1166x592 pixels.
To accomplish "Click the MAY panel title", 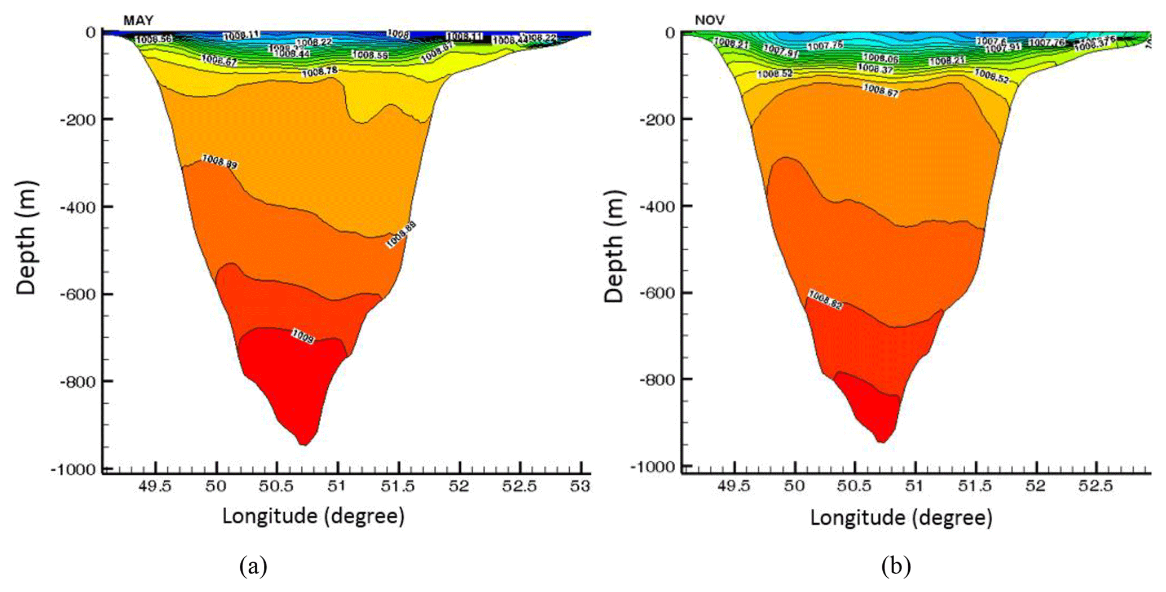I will (138, 21).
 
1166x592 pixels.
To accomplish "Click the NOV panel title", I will (710, 20).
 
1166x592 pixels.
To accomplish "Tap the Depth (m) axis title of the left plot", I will (26, 237).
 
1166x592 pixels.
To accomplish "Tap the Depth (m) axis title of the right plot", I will (614, 246).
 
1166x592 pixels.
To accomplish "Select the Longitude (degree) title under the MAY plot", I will (313, 516).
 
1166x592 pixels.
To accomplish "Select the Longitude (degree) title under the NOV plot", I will (901, 517).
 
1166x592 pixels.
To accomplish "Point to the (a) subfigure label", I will (253, 566).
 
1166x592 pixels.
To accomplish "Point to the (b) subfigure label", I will (896, 566).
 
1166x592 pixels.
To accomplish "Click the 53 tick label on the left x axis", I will (579, 487).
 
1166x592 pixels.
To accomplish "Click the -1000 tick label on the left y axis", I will (73, 469).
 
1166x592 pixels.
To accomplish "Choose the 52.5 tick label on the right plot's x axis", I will (1095, 486).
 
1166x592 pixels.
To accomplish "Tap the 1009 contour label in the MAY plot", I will (303, 337).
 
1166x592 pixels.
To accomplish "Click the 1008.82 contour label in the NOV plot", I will (825, 299).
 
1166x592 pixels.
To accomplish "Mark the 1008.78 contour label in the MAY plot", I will (320, 72).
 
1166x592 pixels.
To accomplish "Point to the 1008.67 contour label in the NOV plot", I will (881, 90).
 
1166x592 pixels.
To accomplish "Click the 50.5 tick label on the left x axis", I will (276, 487).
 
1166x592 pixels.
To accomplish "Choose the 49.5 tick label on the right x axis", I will (734, 486).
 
